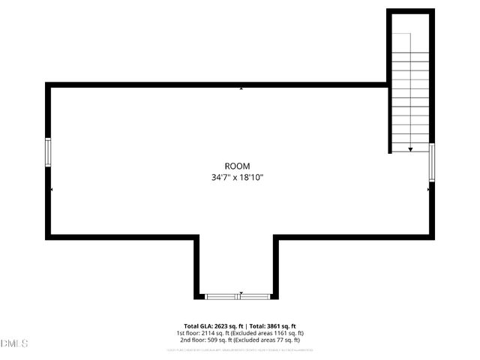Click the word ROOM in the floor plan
237,166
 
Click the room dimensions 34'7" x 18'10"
237,178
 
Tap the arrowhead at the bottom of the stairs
410,149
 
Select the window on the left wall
48,153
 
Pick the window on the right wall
432,162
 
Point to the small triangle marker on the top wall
241,88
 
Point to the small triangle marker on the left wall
52,190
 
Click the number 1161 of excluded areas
280,333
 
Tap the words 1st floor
187,333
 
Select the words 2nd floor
190,340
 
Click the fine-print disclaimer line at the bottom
240,349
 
